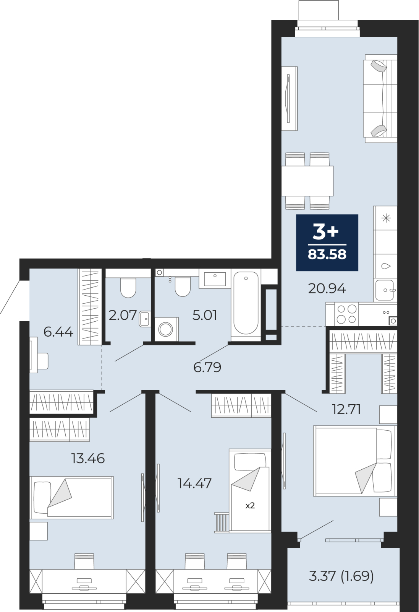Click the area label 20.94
(x=327, y=288)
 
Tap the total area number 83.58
(x=327, y=254)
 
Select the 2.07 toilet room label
(x=123, y=315)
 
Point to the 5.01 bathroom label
(x=205, y=315)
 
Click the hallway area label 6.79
(x=207, y=368)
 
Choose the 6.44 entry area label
(x=58, y=332)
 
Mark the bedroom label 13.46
(x=88, y=458)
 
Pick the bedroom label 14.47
(x=194, y=483)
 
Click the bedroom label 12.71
(x=346, y=409)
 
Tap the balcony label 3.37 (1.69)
(x=341, y=576)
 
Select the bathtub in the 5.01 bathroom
(x=246, y=305)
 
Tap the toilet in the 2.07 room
(x=128, y=287)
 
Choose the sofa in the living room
(x=380, y=98)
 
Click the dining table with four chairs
(x=307, y=181)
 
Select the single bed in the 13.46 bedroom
(x=71, y=498)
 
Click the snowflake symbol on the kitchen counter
(x=386, y=218)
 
